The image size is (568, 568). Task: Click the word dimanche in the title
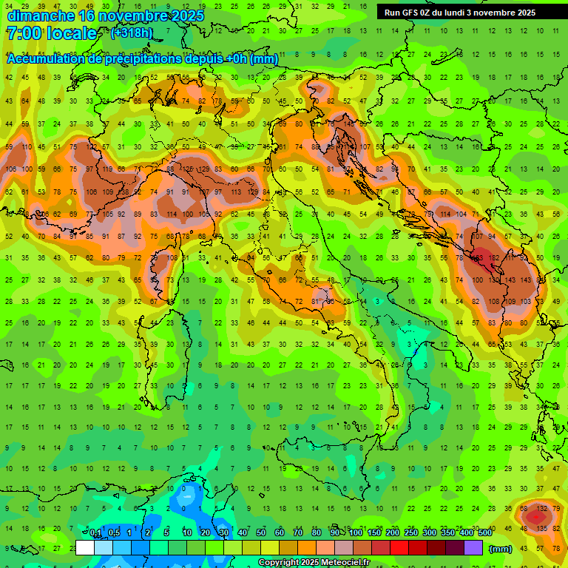click(41, 15)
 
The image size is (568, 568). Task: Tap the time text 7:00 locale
click(51, 33)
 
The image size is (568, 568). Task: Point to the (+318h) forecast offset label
click(131, 33)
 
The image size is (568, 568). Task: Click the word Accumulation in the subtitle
click(45, 59)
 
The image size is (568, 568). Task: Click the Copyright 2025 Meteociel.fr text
click(314, 563)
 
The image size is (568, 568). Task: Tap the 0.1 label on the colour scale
click(95, 533)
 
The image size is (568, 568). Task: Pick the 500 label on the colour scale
click(485, 533)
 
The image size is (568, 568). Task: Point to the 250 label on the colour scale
click(410, 533)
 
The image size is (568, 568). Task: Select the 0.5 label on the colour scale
click(114, 533)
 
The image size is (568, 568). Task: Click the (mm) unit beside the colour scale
click(501, 549)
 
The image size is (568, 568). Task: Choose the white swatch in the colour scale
click(85, 548)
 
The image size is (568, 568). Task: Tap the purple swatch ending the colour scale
click(475, 548)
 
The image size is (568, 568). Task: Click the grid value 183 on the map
click(479, 259)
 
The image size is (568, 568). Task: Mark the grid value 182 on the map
click(494, 259)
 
